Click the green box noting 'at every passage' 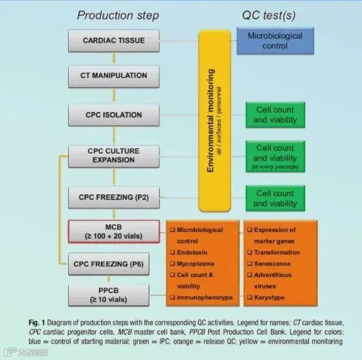tap(275, 156)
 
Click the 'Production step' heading tap(119, 15)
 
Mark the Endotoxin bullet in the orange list tap(192, 252)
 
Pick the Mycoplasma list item tap(196, 263)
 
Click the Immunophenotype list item tap(204, 297)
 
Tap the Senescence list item tap(272, 263)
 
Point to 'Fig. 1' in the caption tap(37, 322)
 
